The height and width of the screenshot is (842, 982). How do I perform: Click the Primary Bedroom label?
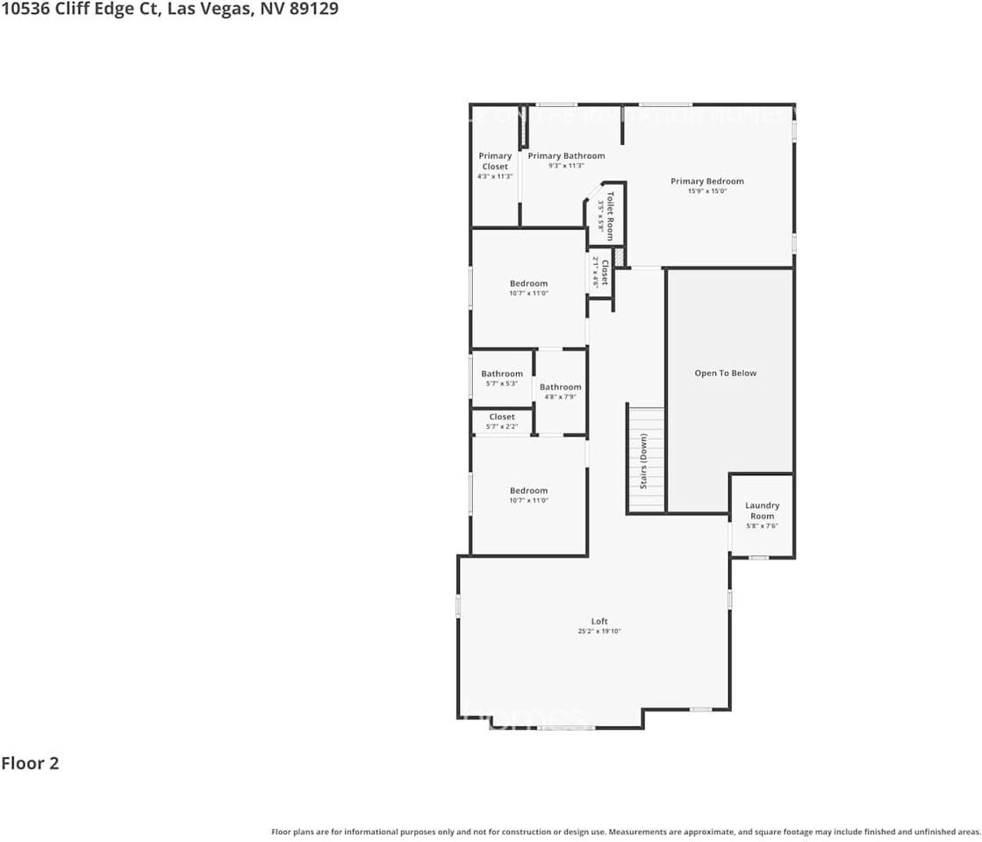[706, 182]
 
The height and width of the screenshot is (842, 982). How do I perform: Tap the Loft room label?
[599, 621]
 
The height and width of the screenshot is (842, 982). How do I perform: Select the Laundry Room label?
[762, 510]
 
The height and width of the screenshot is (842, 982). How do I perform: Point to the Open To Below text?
[725, 373]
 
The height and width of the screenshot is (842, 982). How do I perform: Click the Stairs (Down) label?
[643, 460]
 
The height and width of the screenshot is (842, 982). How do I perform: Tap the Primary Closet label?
[495, 161]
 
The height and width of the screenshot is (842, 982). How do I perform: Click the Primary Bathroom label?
[566, 156]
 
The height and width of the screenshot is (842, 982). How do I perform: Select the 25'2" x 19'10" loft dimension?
[599, 631]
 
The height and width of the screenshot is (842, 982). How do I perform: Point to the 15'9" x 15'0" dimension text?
[706, 191]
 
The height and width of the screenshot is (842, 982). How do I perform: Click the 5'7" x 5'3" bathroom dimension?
[502, 383]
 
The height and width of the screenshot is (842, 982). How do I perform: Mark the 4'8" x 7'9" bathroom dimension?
[560, 396]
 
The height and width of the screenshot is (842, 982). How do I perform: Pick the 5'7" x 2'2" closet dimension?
[502, 426]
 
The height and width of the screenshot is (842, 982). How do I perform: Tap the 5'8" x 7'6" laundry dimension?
[762, 526]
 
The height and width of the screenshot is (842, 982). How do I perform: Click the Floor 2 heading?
[30, 763]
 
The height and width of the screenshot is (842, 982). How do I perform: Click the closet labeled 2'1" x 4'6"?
[599, 272]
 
